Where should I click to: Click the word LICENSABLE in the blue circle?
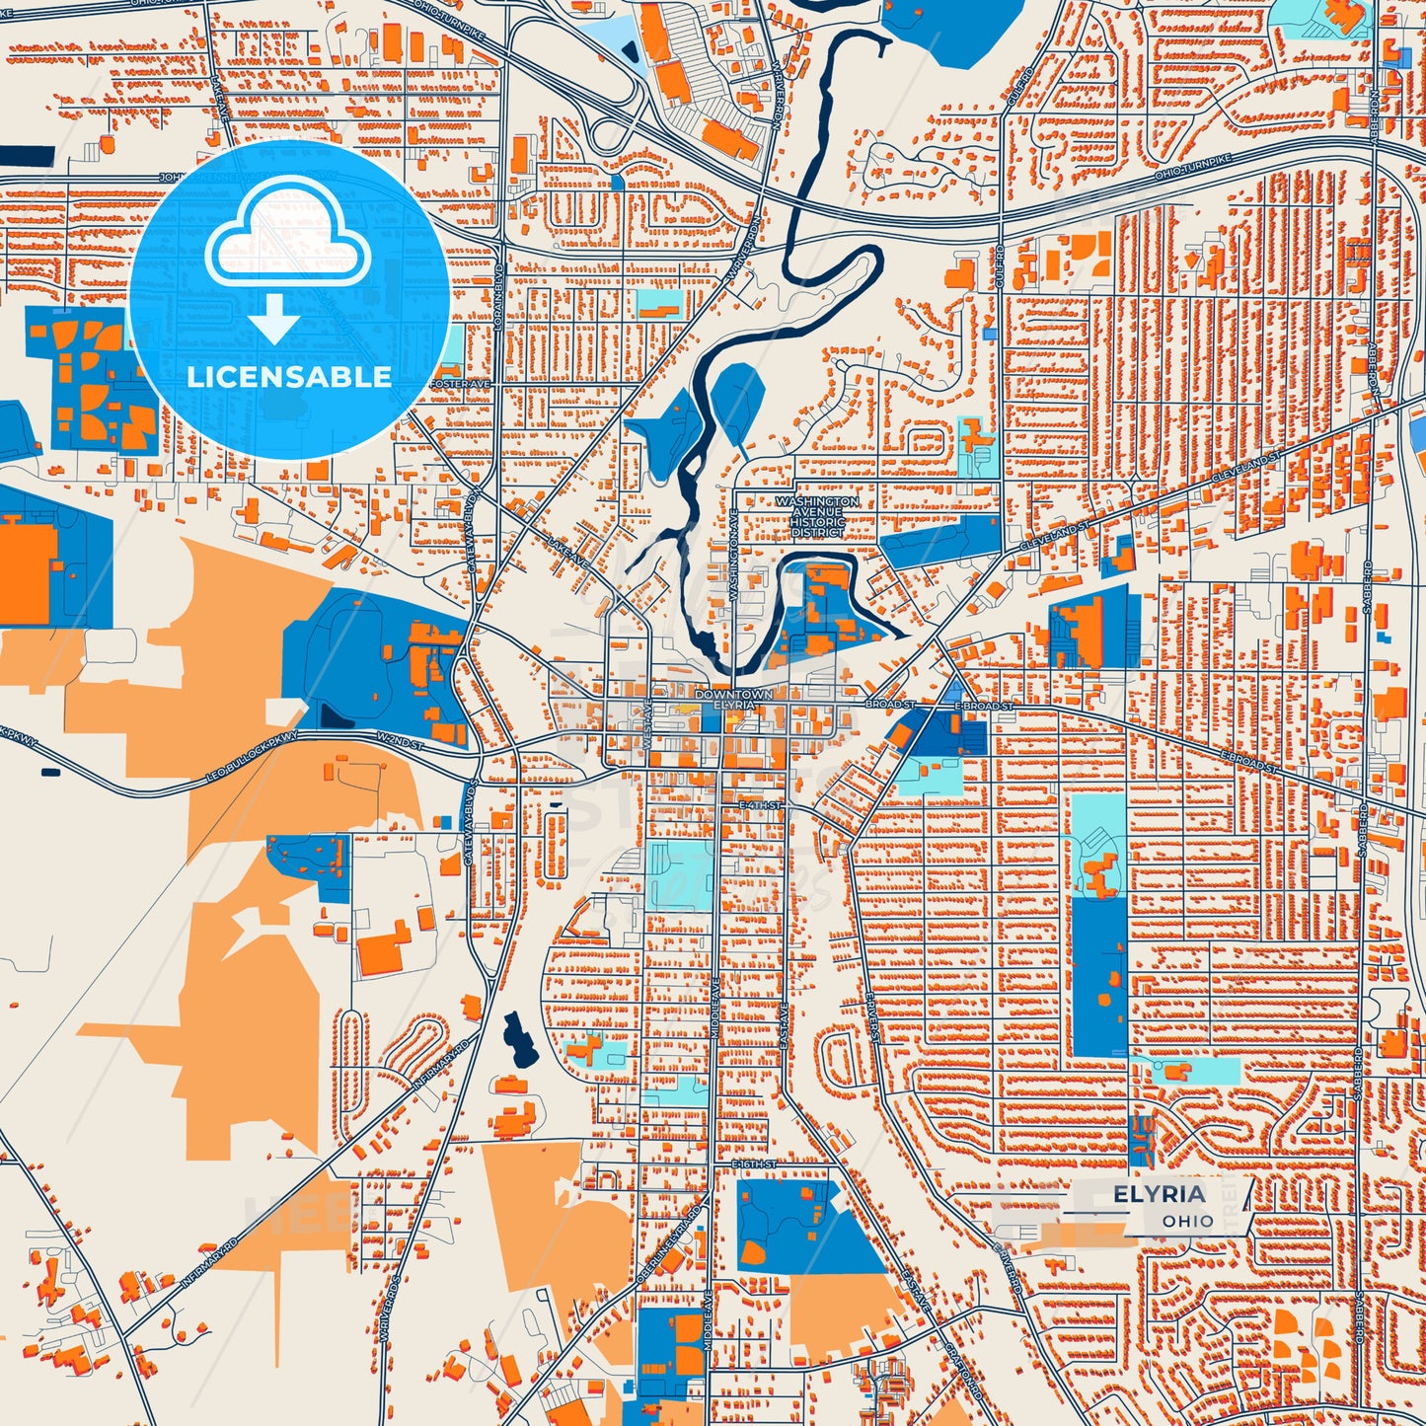tap(289, 377)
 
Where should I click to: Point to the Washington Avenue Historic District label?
tap(817, 516)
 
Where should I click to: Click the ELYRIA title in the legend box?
tap(1160, 1195)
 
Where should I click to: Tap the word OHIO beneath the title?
tap(1187, 1222)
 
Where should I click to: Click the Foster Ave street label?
tap(461, 383)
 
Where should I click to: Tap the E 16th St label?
tap(756, 1164)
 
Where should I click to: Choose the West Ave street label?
tap(648, 721)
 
